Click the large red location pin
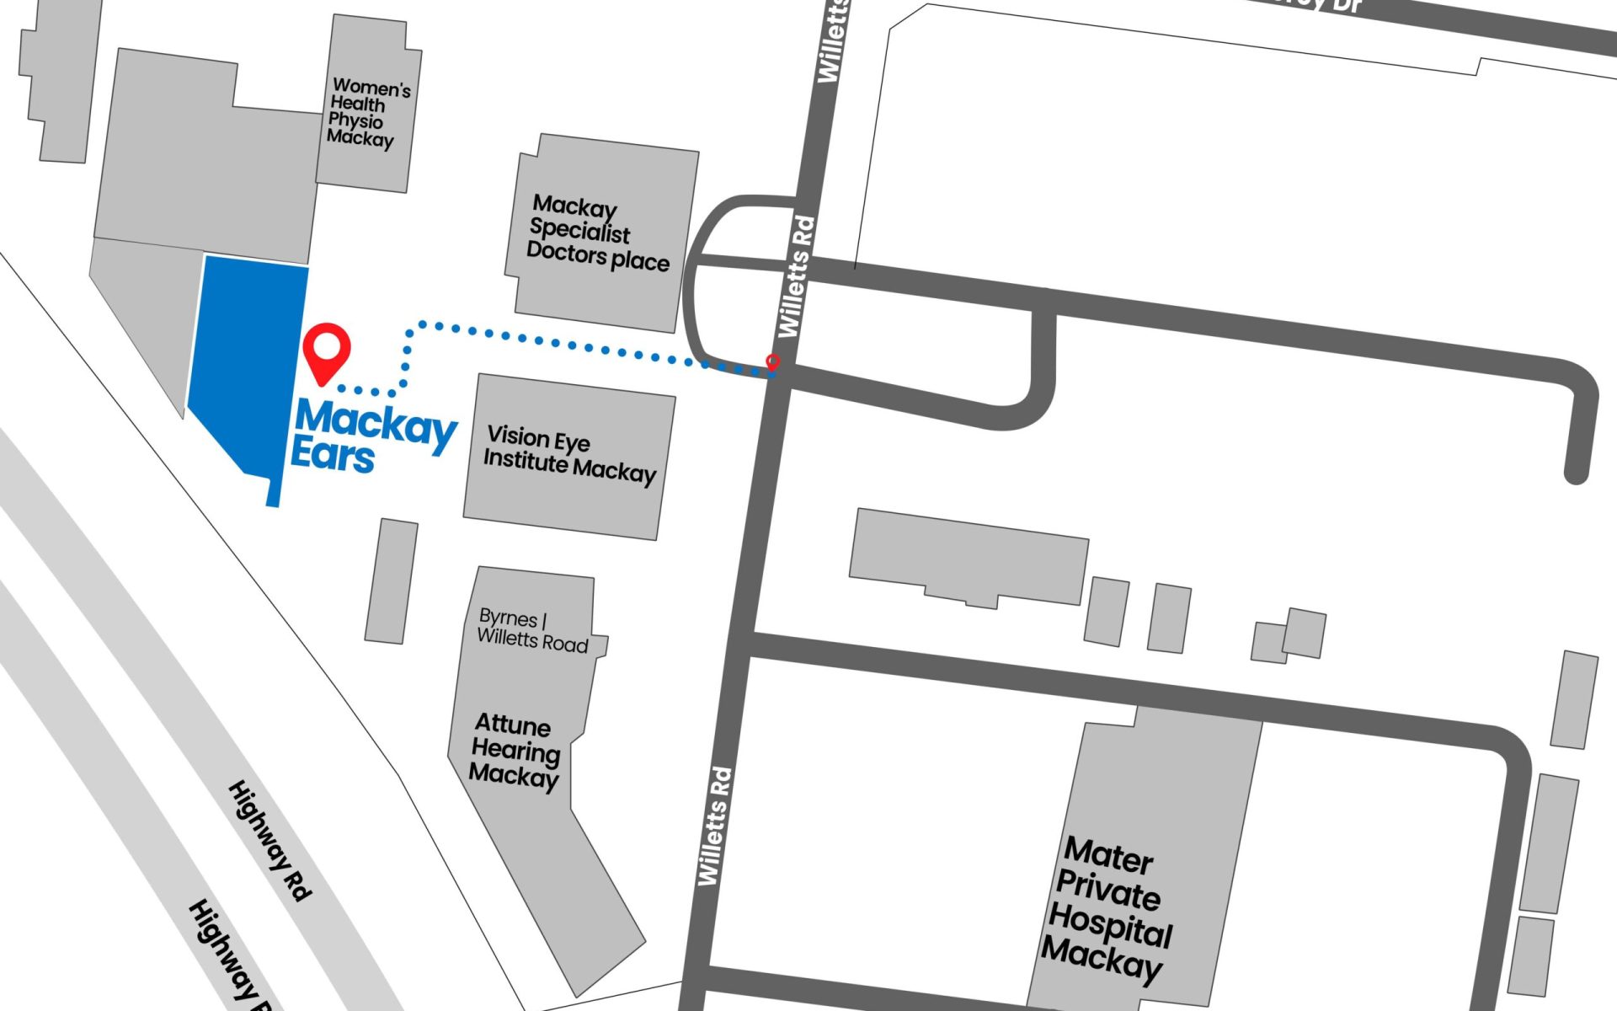326,350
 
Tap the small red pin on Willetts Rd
772,362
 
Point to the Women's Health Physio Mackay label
369,112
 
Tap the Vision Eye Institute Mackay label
569,455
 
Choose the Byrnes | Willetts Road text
532,630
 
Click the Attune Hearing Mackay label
514,750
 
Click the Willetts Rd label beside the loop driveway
797,276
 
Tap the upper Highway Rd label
269,841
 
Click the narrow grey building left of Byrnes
391,581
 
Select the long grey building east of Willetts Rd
969,556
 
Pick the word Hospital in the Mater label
1110,925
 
